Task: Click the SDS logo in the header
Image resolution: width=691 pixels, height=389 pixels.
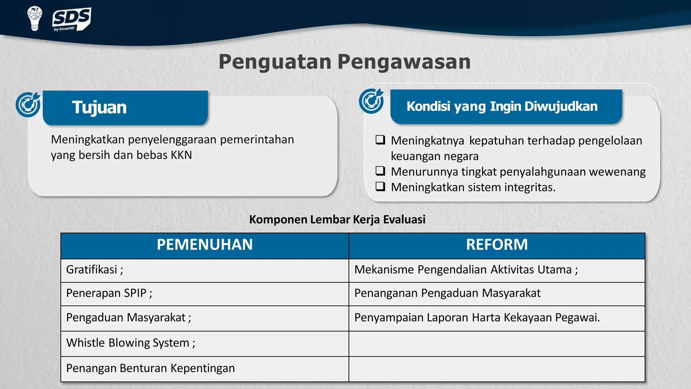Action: tap(72, 19)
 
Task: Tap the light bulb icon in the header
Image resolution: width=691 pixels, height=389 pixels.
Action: tap(34, 18)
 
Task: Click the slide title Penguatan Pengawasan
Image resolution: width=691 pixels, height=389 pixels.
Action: tap(344, 62)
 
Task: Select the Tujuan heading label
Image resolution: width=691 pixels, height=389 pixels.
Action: tap(99, 108)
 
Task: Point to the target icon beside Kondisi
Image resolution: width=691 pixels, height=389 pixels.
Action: tap(371, 101)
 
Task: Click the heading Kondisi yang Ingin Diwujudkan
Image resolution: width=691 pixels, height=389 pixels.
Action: tap(502, 106)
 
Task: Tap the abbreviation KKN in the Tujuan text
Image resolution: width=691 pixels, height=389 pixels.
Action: tap(181, 155)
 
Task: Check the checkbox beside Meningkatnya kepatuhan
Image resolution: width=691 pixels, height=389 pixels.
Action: tap(380, 140)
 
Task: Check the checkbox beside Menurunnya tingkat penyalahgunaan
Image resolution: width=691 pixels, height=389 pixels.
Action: tap(380, 171)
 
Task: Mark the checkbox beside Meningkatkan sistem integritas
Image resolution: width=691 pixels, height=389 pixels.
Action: tap(380, 186)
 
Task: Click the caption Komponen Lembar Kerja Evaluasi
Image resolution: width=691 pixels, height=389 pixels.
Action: tap(337, 219)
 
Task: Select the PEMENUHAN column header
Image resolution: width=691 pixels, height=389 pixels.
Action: tap(204, 245)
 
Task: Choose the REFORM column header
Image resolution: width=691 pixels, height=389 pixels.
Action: tap(497, 245)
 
